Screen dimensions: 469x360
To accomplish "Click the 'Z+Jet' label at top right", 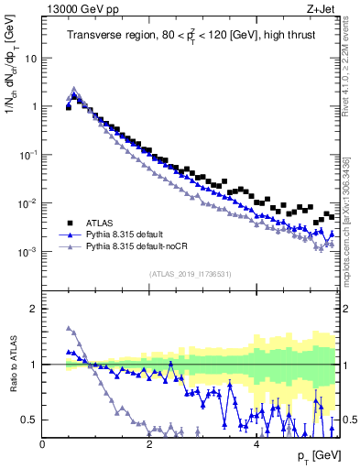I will coord(322,9).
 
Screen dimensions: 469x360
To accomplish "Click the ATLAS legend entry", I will coord(103,223).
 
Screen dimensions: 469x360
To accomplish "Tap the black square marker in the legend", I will coord(69,223).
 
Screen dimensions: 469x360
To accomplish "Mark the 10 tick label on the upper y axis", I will coord(30,58).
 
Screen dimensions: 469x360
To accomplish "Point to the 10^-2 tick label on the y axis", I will coord(27,202).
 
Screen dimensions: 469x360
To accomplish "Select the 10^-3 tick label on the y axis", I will coord(27,251).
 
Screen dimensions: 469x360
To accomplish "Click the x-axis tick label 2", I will coord(148,444).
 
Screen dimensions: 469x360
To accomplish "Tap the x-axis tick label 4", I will coord(256,444).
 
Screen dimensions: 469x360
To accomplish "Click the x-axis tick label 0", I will coord(42,444).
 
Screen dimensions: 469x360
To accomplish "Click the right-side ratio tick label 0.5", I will coord(349,420).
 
